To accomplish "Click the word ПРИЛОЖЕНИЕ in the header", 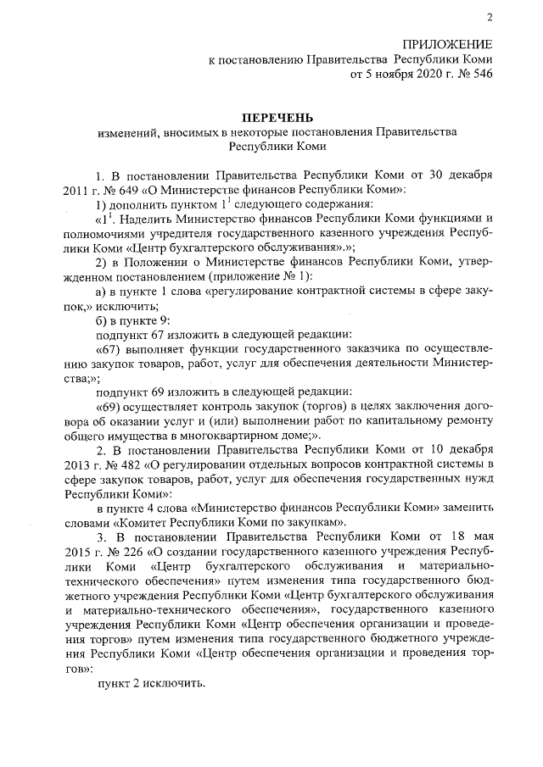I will click(447, 45).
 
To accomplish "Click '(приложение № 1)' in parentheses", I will click(266, 277).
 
